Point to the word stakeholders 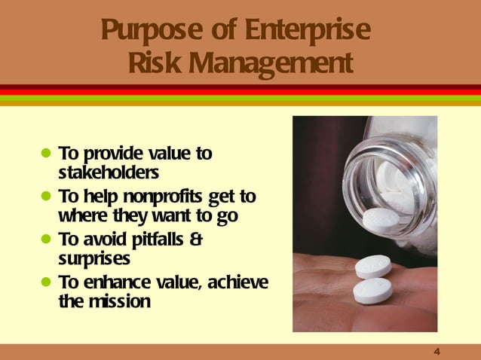pos(109,172)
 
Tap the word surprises pos(94,258)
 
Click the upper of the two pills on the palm pos(373,265)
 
